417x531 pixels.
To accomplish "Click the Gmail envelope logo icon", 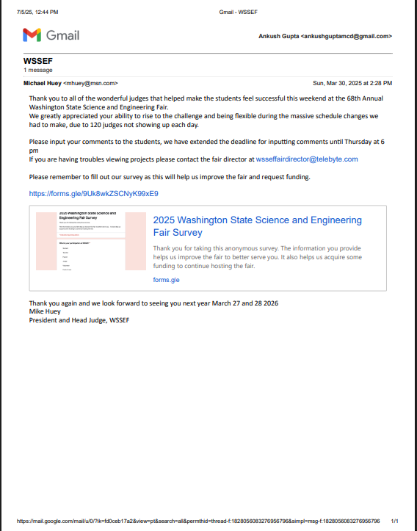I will pyautogui.click(x=32, y=35).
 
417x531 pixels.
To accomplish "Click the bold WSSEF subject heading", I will pyautogui.click(x=38, y=61).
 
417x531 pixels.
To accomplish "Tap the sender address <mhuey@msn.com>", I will pyautogui.click(x=91, y=83).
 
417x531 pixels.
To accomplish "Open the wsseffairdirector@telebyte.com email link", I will pyautogui.click(x=306, y=159).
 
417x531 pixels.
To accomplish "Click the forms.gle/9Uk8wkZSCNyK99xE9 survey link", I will pyautogui.click(x=93, y=194).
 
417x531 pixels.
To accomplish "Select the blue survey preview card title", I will pyautogui.click(x=257, y=225).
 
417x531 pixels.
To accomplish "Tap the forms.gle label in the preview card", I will pyautogui.click(x=166, y=280).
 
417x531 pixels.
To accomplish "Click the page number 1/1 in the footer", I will pyautogui.click(x=395, y=520).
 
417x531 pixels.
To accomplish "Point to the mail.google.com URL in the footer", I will pyautogui.click(x=198, y=520).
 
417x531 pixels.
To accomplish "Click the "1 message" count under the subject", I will pyautogui.click(x=39, y=71).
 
